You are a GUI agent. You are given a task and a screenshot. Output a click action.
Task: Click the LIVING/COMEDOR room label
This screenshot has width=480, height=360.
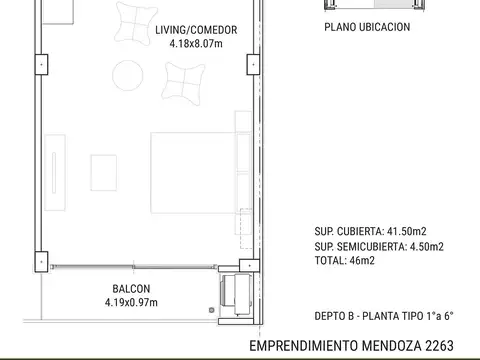(196, 30)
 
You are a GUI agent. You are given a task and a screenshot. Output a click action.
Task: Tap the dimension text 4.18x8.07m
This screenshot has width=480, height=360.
(196, 43)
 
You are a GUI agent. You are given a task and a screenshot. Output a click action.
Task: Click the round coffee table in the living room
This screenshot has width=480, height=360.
(126, 75)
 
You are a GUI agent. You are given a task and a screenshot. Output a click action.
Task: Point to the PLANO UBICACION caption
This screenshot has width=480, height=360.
(367, 28)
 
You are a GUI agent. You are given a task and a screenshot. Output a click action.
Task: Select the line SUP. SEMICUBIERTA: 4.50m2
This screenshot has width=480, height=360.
(379, 246)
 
